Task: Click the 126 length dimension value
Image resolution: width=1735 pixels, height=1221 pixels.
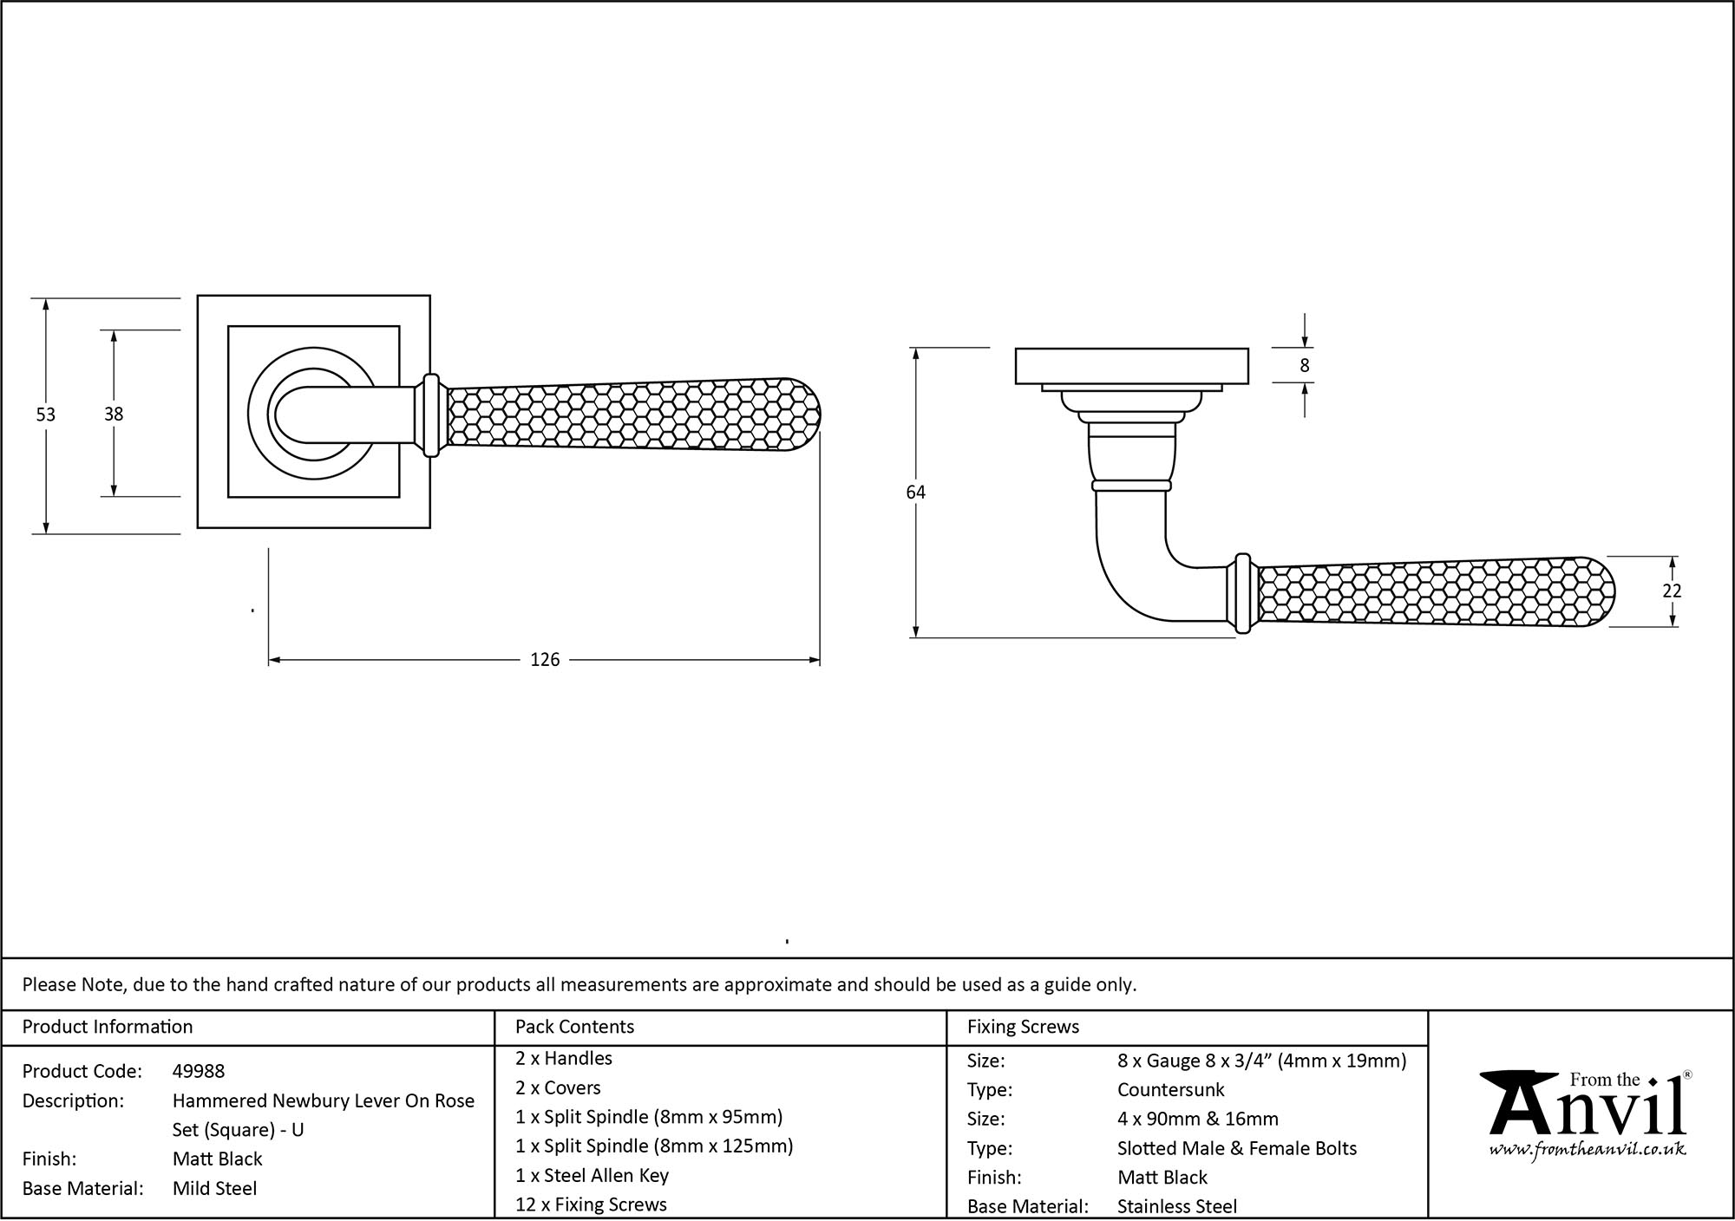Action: [x=545, y=660]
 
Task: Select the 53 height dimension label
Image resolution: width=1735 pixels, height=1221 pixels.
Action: [x=45, y=415]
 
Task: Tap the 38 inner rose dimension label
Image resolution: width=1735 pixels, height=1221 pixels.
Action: [x=114, y=415]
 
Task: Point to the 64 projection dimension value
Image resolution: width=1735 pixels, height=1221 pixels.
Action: [x=915, y=492]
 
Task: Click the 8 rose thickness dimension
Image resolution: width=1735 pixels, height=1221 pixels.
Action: [x=1305, y=366]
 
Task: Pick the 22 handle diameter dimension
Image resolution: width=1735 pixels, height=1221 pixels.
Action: [x=1672, y=591]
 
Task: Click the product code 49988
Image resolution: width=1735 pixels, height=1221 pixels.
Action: [x=199, y=1071]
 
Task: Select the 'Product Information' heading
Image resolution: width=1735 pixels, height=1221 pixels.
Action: [x=108, y=1027]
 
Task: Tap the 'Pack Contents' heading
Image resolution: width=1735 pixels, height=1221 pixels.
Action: [x=574, y=1027]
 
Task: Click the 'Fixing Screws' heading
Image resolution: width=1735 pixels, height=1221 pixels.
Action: [x=1023, y=1027]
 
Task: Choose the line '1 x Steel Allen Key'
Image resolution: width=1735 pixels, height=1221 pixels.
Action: [x=592, y=1175]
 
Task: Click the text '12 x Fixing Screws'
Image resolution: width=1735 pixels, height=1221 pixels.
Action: [x=591, y=1205]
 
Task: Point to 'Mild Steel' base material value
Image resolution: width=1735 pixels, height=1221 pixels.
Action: [x=214, y=1188]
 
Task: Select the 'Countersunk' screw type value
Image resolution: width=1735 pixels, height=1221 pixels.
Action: [x=1170, y=1089]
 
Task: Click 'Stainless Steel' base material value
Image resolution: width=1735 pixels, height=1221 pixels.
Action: [x=1177, y=1205]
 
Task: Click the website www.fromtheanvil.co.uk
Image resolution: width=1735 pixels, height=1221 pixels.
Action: [x=1587, y=1150]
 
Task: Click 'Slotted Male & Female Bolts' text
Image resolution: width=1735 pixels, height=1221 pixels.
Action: [x=1237, y=1148]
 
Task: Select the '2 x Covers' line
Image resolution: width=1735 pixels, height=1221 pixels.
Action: [x=558, y=1087]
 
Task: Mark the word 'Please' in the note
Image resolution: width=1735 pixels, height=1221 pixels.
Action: [x=49, y=984]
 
